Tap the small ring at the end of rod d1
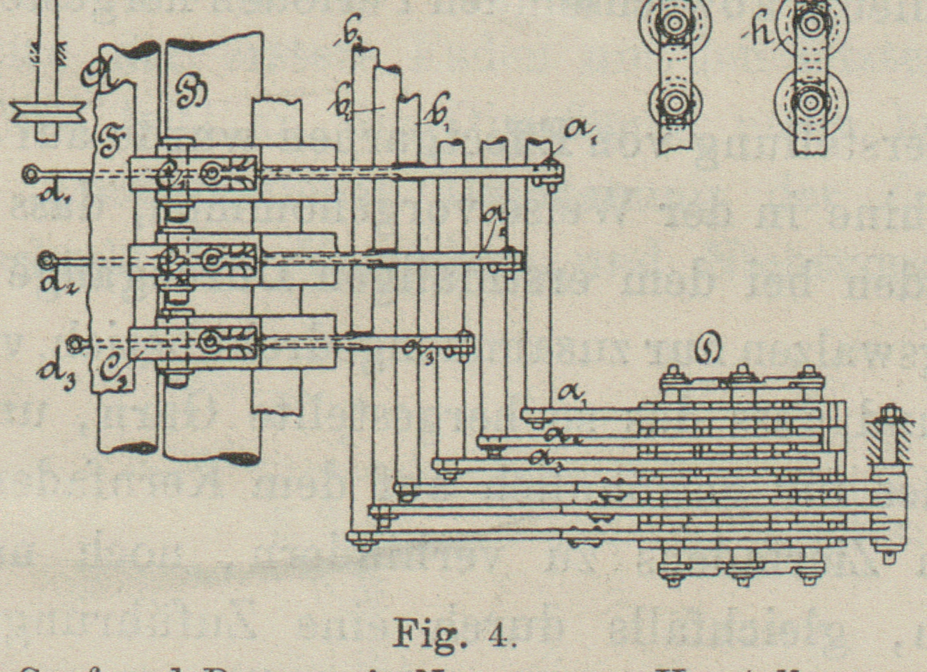coord(31,172)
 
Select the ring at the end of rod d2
coord(48,260)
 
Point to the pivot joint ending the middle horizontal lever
coord(513,260)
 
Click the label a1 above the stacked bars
coord(572,396)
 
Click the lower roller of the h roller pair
coord(811,101)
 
